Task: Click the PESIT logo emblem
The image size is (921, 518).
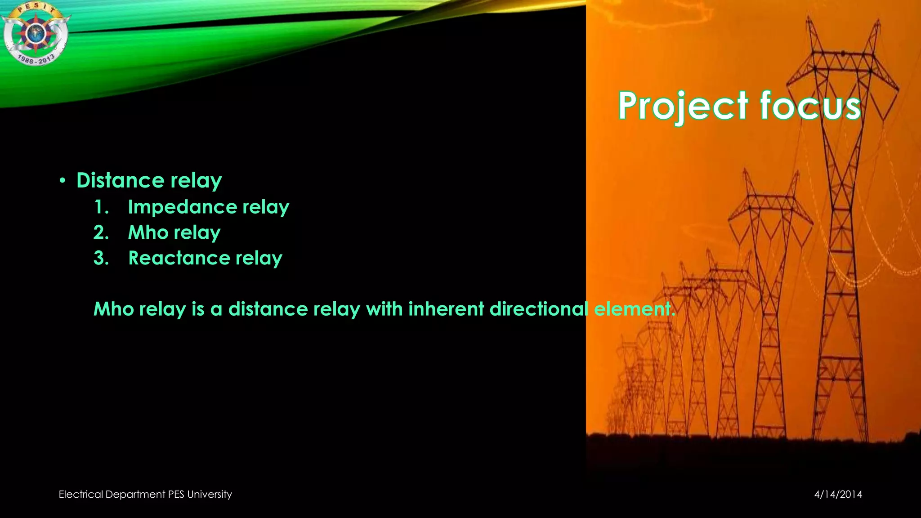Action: [35, 34]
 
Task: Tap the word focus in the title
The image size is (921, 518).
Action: [810, 106]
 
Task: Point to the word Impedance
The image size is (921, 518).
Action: [182, 207]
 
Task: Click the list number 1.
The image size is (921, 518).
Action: [101, 207]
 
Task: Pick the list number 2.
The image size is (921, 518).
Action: [101, 233]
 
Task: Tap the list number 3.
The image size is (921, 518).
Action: [101, 259]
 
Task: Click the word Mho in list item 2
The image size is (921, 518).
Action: [148, 233]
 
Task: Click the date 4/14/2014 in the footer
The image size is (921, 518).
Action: [838, 495]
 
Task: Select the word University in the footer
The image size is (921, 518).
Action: [209, 495]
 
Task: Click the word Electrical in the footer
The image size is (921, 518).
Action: [81, 495]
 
